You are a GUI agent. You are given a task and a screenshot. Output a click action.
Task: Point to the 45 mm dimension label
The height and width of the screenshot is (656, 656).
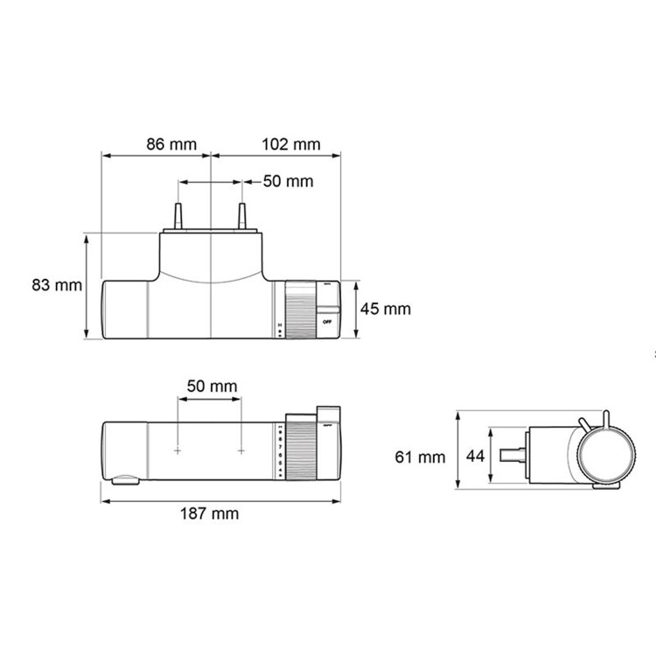386,309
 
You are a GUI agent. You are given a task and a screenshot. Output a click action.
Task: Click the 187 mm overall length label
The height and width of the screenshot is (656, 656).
212,513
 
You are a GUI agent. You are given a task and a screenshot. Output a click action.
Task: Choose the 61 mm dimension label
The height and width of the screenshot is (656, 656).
420,457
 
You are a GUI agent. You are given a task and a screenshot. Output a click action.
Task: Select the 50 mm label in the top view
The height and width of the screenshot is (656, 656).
288,182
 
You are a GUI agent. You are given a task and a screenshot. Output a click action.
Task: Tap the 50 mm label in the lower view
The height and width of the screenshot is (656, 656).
211,386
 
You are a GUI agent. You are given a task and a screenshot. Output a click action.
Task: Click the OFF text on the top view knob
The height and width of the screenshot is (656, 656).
327,322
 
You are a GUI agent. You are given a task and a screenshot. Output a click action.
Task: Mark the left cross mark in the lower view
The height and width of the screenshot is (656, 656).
178,451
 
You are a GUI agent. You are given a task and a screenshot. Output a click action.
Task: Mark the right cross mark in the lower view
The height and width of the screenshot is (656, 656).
242,451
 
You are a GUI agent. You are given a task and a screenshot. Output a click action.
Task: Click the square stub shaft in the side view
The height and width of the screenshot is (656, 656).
512,456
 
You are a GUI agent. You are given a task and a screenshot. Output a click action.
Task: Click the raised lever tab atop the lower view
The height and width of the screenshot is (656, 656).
330,413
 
